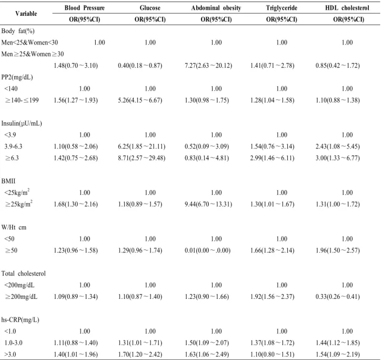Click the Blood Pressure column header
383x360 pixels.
(x=85, y=8)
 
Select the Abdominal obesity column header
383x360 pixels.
(x=216, y=8)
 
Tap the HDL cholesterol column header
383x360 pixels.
(x=347, y=8)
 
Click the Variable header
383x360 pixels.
(x=26, y=14)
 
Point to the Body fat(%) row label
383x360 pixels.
(x=18, y=31)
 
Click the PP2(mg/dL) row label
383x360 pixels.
(x=17, y=77)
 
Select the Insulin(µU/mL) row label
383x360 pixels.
(x=22, y=124)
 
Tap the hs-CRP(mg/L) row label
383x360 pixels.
(x=21, y=319)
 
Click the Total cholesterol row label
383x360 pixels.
(x=24, y=274)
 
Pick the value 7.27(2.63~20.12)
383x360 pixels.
(x=208, y=65)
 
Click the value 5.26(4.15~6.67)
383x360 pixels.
(x=140, y=100)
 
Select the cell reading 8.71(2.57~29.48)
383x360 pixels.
(x=142, y=158)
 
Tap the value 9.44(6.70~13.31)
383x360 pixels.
(x=208, y=204)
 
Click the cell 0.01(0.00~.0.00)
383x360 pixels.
(x=208, y=251)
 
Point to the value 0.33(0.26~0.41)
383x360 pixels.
(x=338, y=296)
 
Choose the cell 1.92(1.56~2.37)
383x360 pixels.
(x=272, y=296)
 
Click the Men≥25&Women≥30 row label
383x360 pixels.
(x=33, y=54)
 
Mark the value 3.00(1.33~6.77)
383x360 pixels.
(x=338, y=158)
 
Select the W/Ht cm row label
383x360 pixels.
(x=14, y=227)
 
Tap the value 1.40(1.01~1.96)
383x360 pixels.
(x=76, y=354)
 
